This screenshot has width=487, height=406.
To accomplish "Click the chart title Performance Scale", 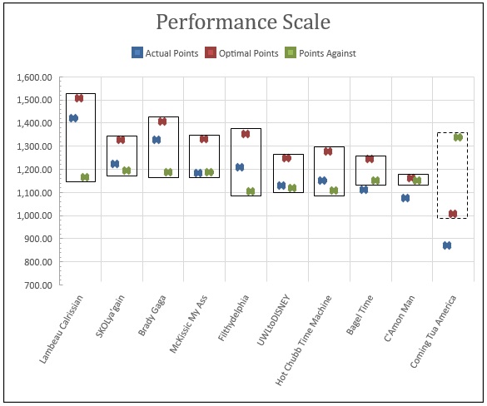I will [243, 22].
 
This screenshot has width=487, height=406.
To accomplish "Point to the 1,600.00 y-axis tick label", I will [34, 77].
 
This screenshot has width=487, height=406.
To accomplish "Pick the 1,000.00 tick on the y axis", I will [34, 215].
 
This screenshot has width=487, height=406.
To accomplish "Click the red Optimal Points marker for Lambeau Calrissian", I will [79, 98].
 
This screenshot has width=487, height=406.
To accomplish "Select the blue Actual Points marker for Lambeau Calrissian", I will [73, 118].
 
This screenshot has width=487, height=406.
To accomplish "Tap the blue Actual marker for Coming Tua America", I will [447, 245].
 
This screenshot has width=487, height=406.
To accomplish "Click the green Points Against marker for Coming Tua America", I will [458, 137].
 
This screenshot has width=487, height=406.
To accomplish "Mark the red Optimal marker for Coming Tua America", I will [453, 214].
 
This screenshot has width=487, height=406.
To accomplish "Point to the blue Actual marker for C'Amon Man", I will [405, 198].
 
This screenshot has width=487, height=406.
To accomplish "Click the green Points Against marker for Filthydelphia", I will [251, 191].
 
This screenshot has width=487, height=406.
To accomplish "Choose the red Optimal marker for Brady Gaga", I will [162, 121].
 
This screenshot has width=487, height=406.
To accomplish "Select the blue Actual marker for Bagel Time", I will [364, 190].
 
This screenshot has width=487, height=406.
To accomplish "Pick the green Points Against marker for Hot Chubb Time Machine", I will [334, 191].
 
